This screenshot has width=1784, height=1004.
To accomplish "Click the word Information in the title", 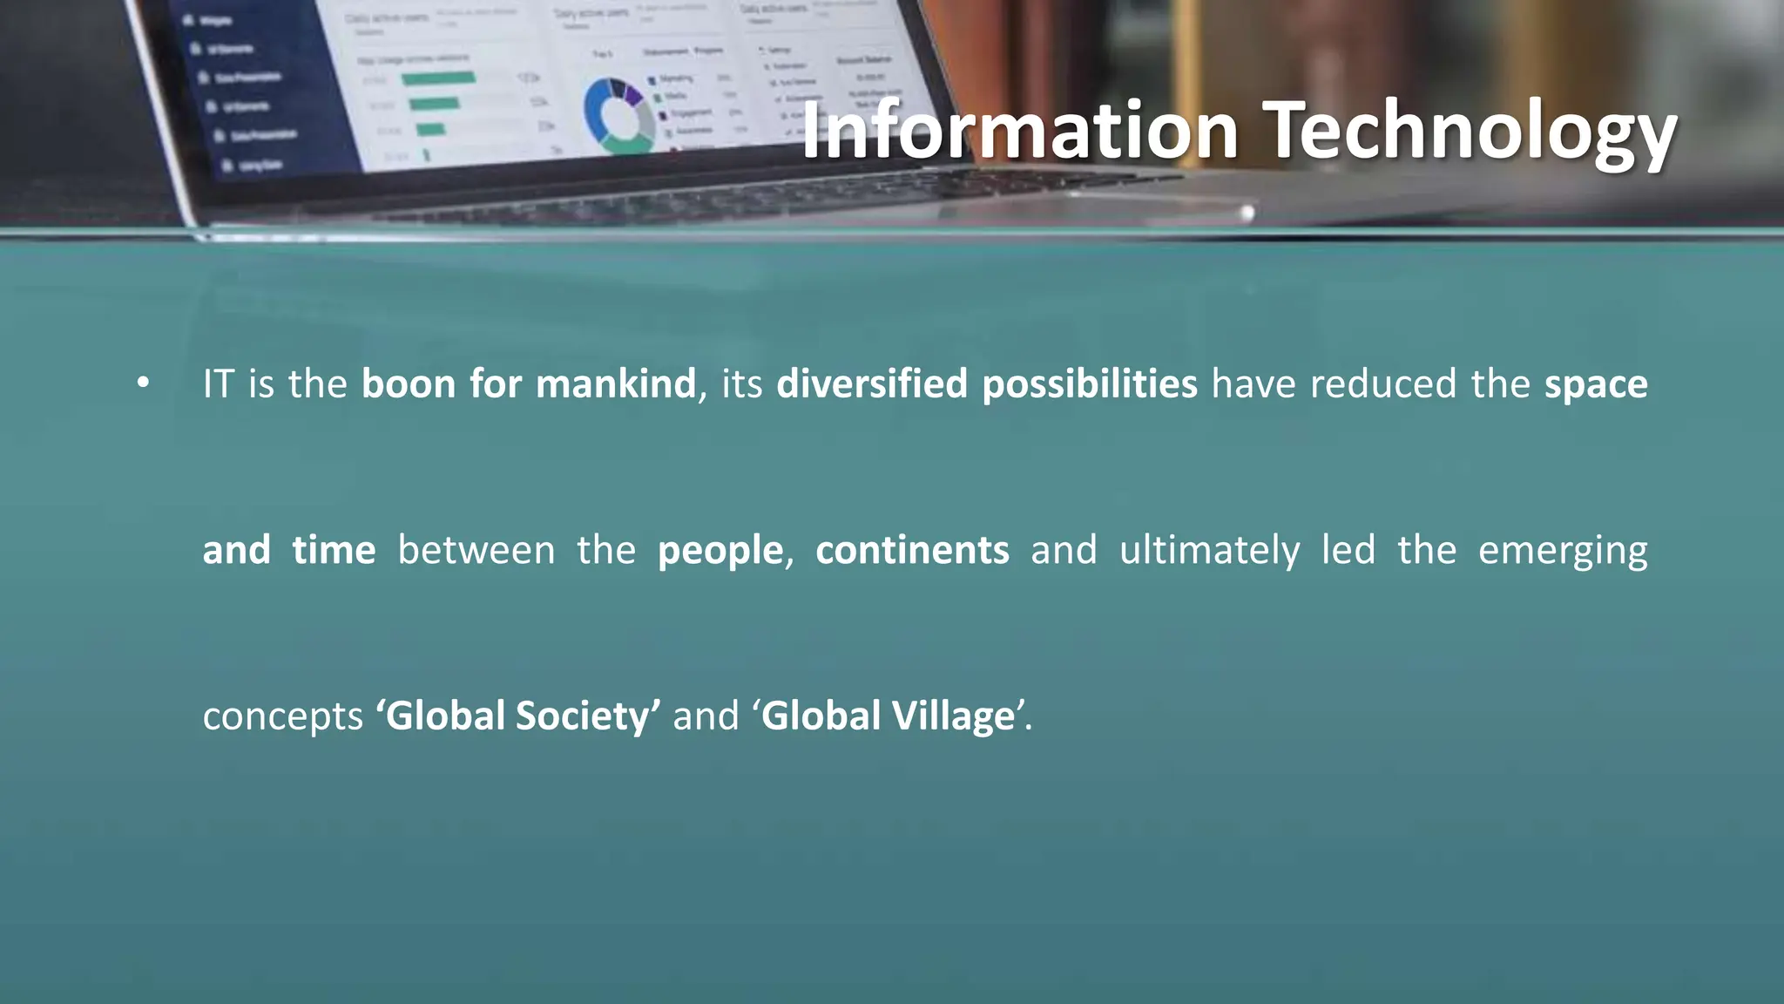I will (x=1019, y=131).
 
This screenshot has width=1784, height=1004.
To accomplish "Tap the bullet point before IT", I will (x=144, y=383).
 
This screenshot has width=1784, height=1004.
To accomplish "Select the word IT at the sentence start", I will (x=218, y=384).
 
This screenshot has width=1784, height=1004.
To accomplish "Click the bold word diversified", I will (x=872, y=384).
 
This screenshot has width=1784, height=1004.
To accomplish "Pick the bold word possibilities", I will (x=1090, y=384).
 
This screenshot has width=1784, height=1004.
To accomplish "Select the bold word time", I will (x=334, y=550).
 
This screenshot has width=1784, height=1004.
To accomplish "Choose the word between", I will (x=476, y=550).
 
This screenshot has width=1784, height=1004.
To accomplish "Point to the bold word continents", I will (x=912, y=550).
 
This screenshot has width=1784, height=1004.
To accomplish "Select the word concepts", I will (x=282, y=716).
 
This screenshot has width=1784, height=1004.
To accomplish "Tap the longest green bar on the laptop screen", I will (x=438, y=78).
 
